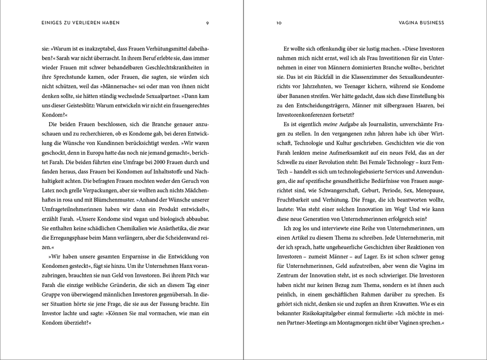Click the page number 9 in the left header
coord(207,22)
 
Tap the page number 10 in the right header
coord(279,22)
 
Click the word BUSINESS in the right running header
coord(431,22)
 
